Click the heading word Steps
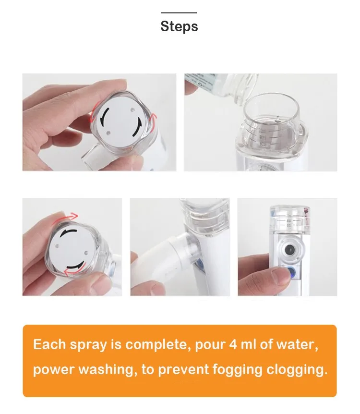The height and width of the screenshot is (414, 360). point(179,26)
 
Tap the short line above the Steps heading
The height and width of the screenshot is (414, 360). point(179,12)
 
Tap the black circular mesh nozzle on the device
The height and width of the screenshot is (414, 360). point(289,249)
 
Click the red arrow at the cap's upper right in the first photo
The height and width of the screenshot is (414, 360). point(153,118)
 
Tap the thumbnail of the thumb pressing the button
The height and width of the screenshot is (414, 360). point(287,247)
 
